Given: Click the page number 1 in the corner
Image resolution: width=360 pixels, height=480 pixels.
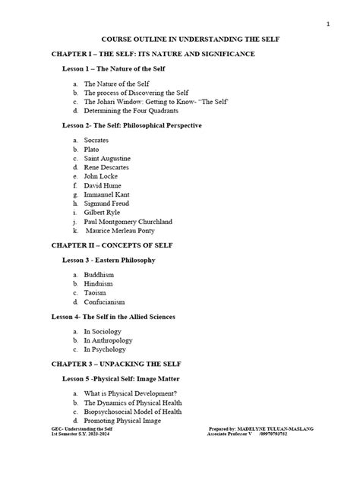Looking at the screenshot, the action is point(327,24).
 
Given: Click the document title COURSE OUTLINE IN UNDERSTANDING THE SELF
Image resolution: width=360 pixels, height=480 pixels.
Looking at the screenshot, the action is point(179,39).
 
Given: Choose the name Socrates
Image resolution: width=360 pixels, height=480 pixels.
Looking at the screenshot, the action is point(99,141).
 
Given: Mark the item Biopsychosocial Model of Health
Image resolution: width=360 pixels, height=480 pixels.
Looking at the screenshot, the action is point(133,411).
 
